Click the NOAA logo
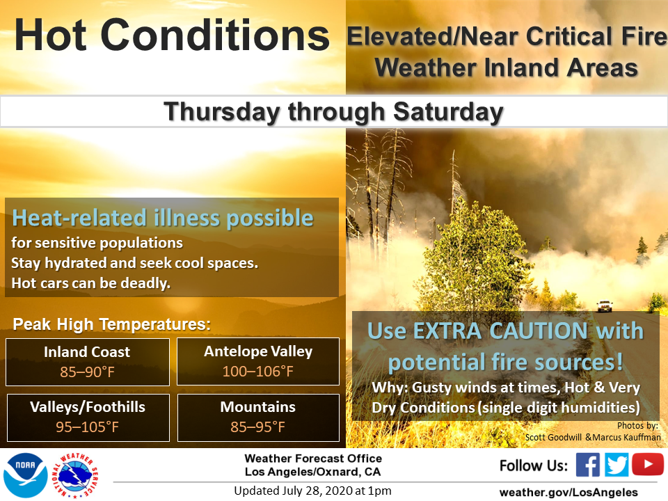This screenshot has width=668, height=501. [26, 475]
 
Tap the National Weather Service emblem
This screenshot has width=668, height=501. [75, 475]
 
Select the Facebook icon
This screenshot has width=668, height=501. [588, 464]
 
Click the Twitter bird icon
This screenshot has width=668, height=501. [617, 464]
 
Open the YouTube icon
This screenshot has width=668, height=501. [648, 464]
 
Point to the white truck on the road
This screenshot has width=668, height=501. [605, 305]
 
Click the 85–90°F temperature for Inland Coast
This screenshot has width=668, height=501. [88, 372]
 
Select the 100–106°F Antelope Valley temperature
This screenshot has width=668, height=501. [257, 371]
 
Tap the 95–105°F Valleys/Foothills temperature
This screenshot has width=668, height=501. [88, 427]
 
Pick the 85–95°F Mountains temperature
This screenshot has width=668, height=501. [257, 427]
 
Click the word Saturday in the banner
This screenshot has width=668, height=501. [448, 111]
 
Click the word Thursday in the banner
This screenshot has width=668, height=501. [222, 111]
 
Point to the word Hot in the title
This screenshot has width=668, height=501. [50, 35]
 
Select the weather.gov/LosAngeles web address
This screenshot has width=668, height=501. [568, 493]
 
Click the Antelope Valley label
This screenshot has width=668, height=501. [258, 351]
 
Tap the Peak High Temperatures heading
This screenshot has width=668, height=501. [111, 325]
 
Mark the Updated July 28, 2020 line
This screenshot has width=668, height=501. [312, 491]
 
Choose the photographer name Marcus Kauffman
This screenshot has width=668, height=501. [626, 437]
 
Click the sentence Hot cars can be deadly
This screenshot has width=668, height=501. [90, 283]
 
